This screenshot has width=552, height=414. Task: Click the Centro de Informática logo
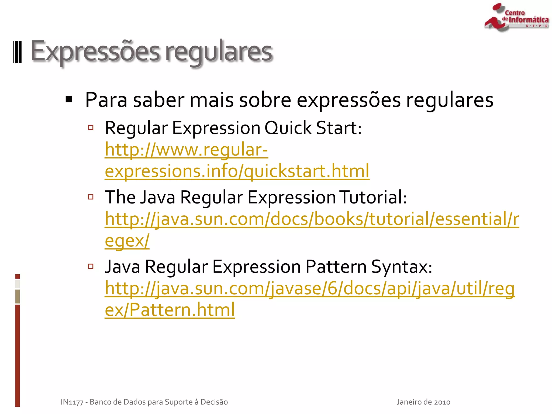[x=516, y=17]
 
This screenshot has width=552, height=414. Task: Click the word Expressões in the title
[x=95, y=51]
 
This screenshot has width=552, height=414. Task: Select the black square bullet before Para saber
[x=69, y=99]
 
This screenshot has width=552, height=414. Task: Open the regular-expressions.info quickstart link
[x=237, y=171]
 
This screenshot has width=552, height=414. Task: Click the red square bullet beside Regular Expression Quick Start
[x=91, y=127]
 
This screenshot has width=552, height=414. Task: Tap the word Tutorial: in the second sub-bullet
[x=373, y=197]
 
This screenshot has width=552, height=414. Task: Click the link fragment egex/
[x=127, y=240]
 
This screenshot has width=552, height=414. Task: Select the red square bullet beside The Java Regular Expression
[x=91, y=197]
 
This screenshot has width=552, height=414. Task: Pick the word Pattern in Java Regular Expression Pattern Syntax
[x=336, y=267]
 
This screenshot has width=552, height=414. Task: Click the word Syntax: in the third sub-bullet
[x=402, y=267]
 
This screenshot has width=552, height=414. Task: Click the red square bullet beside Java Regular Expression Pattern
[x=91, y=267]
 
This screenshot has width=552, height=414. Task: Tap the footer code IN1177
[x=72, y=402]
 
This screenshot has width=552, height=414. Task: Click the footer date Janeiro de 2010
[x=423, y=402]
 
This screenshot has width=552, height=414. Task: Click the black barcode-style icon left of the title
[x=18, y=52]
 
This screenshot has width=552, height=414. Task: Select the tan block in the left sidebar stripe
[x=18, y=296]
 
